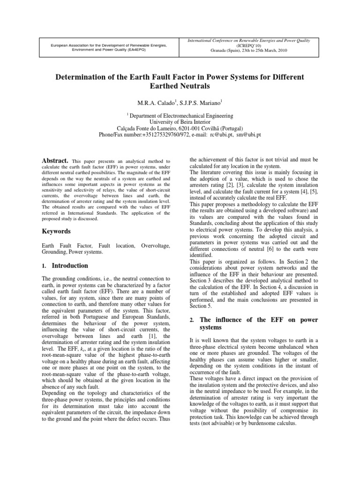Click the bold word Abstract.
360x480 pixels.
pos(56,160)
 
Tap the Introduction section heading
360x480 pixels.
pos(70,265)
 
